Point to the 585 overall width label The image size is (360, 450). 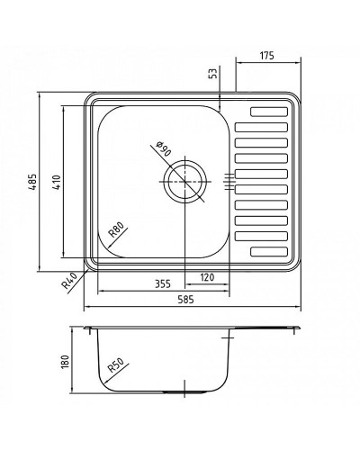pyautogui.click(x=193, y=301)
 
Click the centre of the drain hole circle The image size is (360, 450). pyautogui.click(x=185, y=181)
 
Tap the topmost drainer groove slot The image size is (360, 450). pyautogui.click(x=270, y=112)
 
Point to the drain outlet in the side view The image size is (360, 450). pyautogui.click(x=185, y=394)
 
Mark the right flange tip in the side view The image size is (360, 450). pyautogui.click(x=300, y=327)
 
